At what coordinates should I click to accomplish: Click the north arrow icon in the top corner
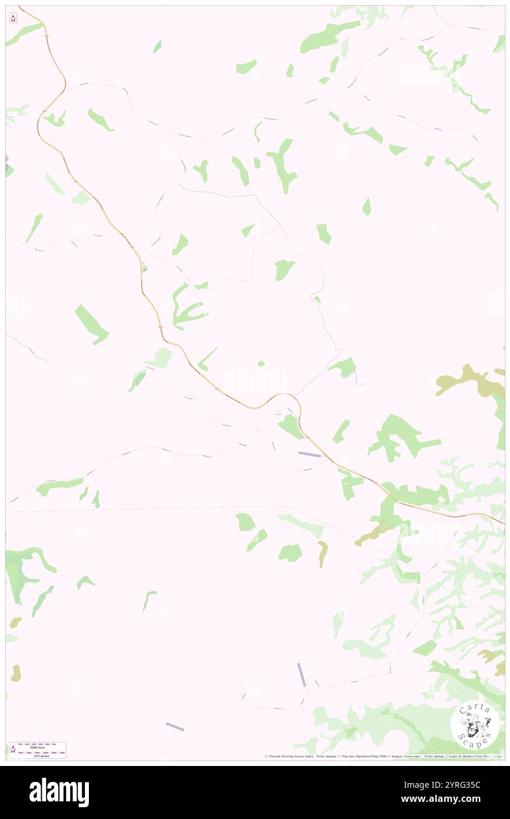tap(13, 18)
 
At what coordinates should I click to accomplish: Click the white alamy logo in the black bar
tap(59, 792)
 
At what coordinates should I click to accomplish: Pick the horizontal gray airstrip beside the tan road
tap(309, 454)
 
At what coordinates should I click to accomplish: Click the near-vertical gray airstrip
tap(302, 674)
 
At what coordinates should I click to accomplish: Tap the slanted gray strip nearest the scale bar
tap(175, 727)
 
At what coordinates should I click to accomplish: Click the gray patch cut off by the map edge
tap(8, 165)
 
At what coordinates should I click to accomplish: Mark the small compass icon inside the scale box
tap(13, 750)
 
